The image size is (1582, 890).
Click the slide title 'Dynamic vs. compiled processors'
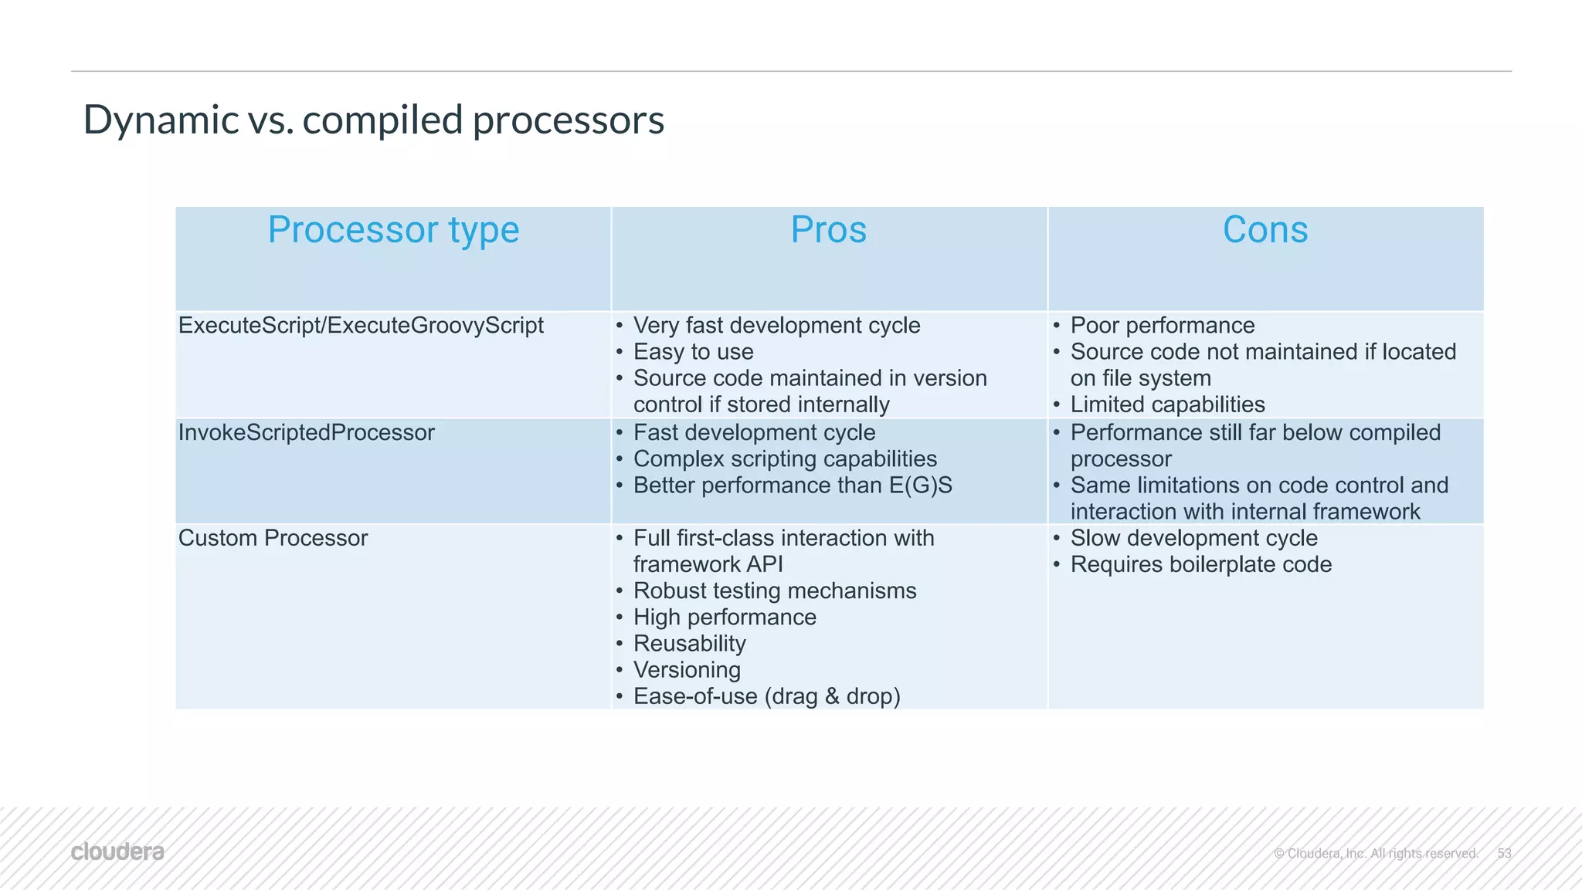(373, 120)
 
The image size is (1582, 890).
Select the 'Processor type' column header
(393, 230)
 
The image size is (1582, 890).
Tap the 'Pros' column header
(828, 230)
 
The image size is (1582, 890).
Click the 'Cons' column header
(1265, 230)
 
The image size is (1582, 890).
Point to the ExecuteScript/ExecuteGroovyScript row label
(361, 326)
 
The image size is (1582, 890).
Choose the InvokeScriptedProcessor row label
(306, 433)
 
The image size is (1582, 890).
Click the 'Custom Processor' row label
(273, 538)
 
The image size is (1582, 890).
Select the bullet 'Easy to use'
(693, 352)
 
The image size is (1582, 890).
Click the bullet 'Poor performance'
(1162, 326)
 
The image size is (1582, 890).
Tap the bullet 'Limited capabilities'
(1167, 404)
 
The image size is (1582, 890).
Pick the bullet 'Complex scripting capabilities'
(785, 459)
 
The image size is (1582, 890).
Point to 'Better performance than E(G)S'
(793, 486)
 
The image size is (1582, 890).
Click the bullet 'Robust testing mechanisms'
(775, 591)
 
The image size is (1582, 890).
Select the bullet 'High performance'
(725, 618)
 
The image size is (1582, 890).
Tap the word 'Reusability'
(689, 644)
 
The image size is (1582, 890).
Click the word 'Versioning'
(687, 670)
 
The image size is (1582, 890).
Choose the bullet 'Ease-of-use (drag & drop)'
(766, 696)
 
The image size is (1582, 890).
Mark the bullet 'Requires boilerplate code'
(1200, 565)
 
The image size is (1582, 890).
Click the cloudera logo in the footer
(117, 852)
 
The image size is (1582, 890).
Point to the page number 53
(1504, 853)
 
